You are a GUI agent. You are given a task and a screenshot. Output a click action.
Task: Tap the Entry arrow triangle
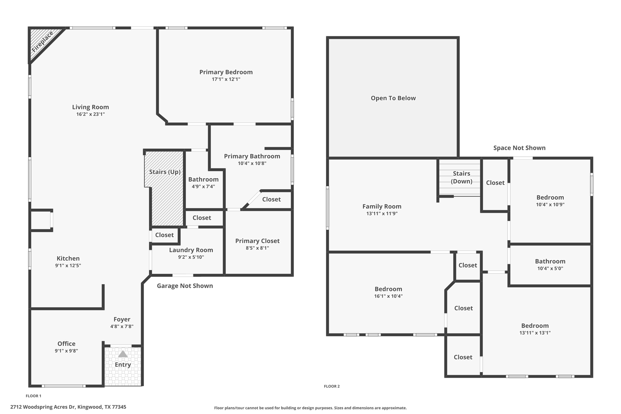coord(123,354)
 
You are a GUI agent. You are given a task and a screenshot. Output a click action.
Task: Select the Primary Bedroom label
coord(226,72)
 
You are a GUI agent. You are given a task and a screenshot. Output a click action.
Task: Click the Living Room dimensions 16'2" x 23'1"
coord(90,114)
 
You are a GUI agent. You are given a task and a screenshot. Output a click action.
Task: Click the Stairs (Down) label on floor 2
coord(461,177)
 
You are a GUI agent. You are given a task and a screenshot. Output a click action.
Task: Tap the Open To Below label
coord(393,98)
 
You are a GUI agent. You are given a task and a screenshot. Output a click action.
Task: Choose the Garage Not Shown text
coord(185,286)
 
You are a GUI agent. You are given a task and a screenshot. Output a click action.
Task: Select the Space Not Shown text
coord(519,148)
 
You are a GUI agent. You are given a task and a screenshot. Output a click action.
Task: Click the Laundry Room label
coord(191,250)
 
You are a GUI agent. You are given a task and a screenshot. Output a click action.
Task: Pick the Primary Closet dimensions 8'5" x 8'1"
coord(257,248)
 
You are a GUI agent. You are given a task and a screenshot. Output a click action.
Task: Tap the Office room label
coord(66,344)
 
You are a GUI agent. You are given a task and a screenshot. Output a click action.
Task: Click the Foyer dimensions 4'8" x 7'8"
coord(122,327)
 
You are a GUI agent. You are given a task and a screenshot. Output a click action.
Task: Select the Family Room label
coord(382,207)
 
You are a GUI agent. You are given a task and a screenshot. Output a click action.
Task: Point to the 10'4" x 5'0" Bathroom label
coord(550,261)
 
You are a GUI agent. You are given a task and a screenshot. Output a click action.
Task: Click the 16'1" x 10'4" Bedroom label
coord(388,289)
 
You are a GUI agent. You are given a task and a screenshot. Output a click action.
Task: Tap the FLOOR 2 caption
coord(332,386)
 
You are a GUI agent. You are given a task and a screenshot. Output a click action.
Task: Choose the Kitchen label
coord(68,258)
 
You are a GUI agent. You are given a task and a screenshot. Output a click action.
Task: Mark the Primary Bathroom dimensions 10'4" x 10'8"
coord(252,163)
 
